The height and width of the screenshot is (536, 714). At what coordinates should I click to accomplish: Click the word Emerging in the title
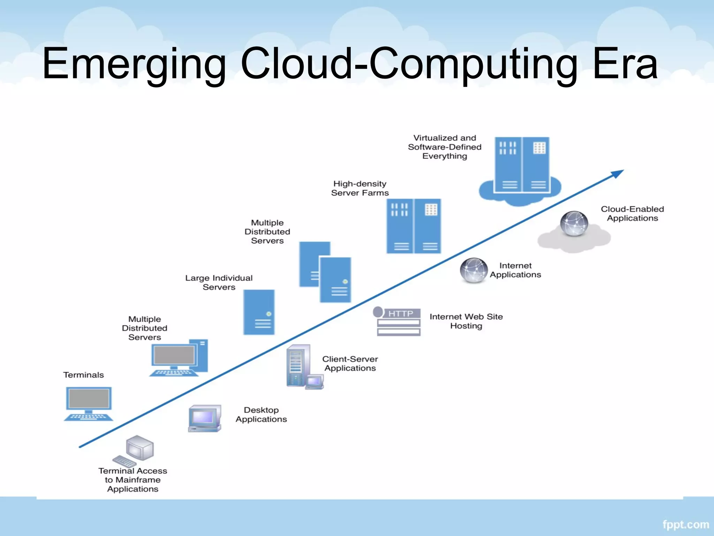tap(134, 65)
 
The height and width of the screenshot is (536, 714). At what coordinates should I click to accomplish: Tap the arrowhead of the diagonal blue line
tap(618, 173)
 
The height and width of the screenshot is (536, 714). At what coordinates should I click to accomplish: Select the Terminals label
tap(84, 375)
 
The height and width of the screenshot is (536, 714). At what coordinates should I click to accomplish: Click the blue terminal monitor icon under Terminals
tap(89, 403)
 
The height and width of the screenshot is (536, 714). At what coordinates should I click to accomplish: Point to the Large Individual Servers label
tap(219, 283)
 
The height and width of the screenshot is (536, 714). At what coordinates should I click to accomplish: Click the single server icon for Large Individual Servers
tap(259, 312)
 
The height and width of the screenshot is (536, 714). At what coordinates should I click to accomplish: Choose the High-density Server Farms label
tap(360, 188)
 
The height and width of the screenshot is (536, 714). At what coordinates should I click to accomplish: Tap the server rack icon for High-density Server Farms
tap(414, 226)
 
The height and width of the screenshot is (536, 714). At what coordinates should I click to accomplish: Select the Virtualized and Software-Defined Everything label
tap(445, 147)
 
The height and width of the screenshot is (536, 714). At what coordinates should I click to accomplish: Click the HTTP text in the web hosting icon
tap(401, 313)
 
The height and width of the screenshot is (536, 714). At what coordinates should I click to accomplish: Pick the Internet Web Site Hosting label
tap(466, 321)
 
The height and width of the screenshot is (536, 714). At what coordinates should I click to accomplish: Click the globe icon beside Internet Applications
tap(473, 270)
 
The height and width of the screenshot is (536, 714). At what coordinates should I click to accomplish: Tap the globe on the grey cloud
tap(574, 223)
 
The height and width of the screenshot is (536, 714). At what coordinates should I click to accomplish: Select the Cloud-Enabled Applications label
tap(632, 214)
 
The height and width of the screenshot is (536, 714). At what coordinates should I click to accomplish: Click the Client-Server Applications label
tap(350, 364)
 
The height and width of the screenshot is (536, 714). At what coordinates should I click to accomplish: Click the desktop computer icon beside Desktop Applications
tap(205, 418)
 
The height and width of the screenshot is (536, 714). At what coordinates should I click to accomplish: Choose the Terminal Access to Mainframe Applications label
tap(133, 480)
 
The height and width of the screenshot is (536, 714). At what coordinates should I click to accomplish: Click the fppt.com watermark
tap(686, 524)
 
